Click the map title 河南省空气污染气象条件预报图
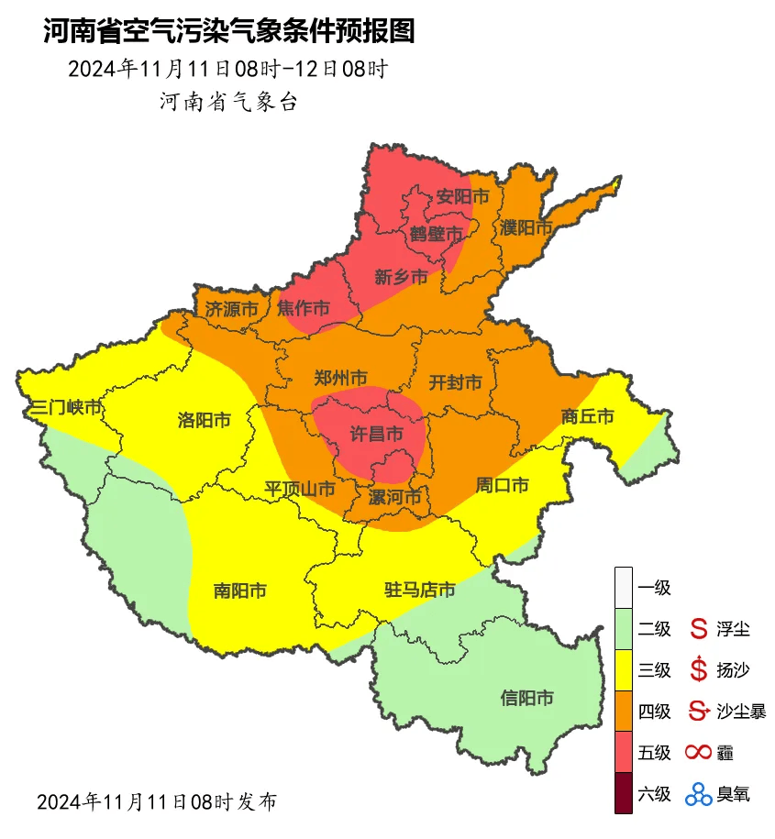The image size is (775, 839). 229,32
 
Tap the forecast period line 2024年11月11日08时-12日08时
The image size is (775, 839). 228,70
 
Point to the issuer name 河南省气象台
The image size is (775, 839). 228,102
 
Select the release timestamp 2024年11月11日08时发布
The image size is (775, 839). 156,801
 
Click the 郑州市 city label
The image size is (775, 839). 340,378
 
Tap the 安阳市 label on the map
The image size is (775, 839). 462,197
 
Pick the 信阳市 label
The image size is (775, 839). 526,699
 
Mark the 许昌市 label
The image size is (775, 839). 378,432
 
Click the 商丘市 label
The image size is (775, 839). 587,417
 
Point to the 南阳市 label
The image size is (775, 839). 239,591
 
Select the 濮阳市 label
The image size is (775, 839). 526,226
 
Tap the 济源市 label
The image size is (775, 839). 230,309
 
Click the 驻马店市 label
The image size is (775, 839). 419,590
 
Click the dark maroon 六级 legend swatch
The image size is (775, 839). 624,793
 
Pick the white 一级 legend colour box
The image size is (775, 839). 624,587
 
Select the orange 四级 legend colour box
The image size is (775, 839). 624,711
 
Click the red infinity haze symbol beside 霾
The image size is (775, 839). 699,753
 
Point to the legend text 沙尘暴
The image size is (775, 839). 741,711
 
